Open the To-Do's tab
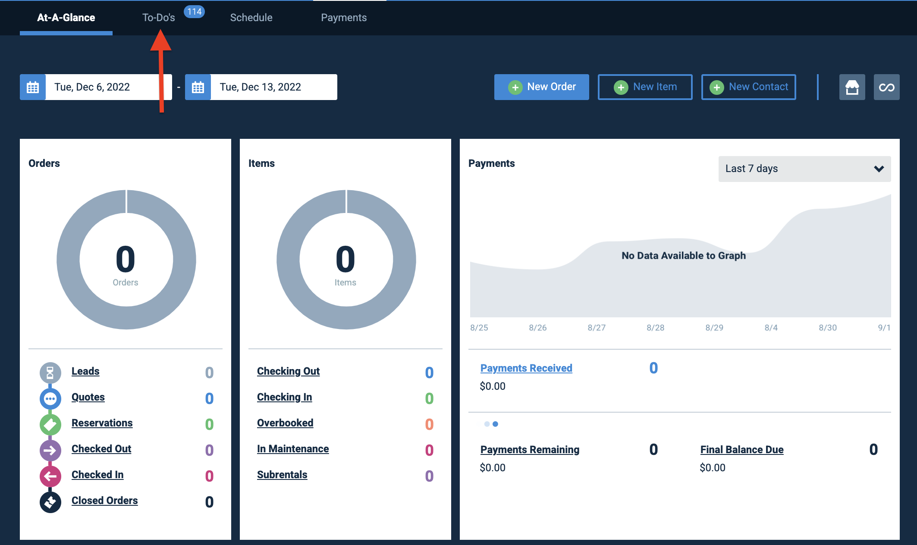coord(159,18)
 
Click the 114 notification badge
coord(194,12)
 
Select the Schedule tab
coord(251,18)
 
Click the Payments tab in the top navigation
coord(344,18)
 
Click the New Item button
coord(645,87)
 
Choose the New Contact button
coord(748,87)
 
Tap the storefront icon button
coord(852,87)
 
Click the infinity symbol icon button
coord(886,87)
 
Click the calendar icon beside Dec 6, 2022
coord(33,87)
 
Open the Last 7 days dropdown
coord(804,169)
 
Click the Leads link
coord(85,371)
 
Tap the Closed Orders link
coord(105,501)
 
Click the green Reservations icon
coord(50,425)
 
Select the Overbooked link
coord(285,423)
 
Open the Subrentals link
coord(282,475)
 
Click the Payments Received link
coord(526,368)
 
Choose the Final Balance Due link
coord(742,450)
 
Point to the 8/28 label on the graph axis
coord(655,328)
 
